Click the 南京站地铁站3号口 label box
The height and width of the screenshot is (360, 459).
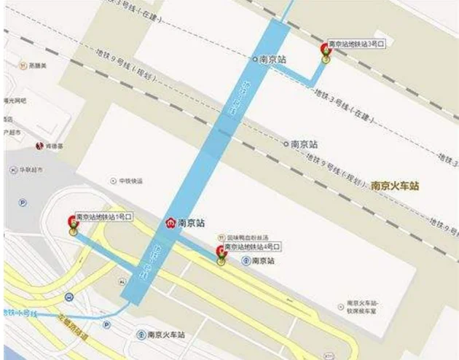(356, 44)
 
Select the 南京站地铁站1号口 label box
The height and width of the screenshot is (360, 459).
(104, 216)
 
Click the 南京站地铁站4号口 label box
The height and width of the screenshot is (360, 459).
(253, 248)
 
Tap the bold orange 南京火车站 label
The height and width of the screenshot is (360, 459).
(396, 186)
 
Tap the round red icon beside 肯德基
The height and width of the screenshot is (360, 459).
(40, 146)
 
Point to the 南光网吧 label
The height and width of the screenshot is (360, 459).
(15, 99)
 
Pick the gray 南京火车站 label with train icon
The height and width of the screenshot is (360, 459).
(165, 334)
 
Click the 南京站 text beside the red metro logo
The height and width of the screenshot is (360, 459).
(191, 223)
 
